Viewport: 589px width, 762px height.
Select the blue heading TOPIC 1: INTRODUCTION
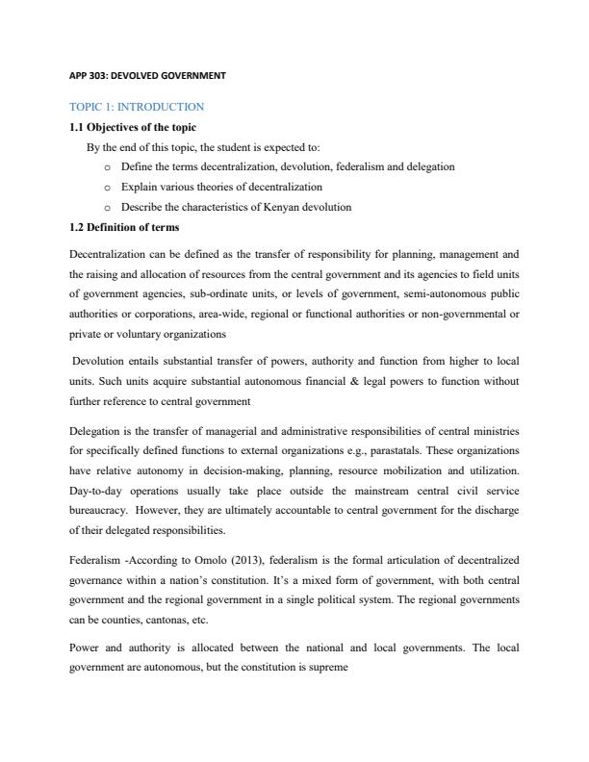click(137, 106)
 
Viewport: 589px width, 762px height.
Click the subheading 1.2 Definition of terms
click(124, 227)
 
